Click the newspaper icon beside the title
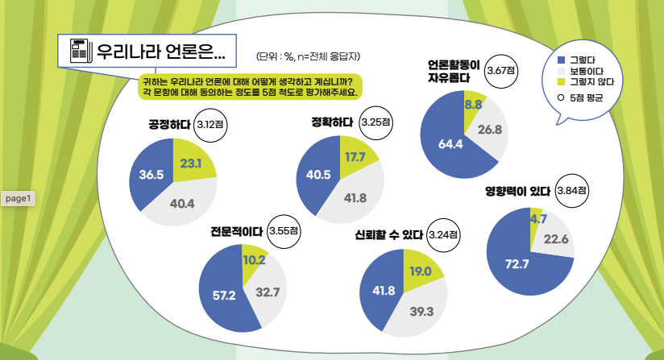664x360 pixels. [x=78, y=52]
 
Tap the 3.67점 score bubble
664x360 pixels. [x=501, y=72]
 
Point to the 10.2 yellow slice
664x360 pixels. [x=254, y=259]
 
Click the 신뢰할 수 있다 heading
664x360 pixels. [x=388, y=235]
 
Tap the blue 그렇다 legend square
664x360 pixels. [x=561, y=60]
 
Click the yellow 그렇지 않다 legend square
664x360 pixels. [x=561, y=81]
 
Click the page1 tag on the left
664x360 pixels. [x=18, y=198]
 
